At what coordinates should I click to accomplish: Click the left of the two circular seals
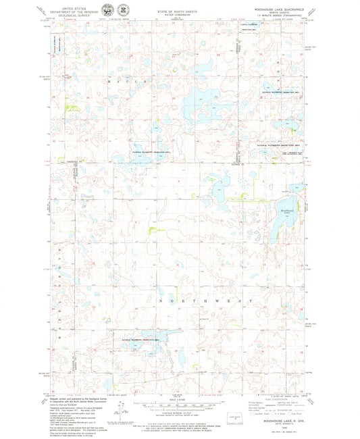107,11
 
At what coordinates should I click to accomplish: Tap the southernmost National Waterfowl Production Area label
143,340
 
